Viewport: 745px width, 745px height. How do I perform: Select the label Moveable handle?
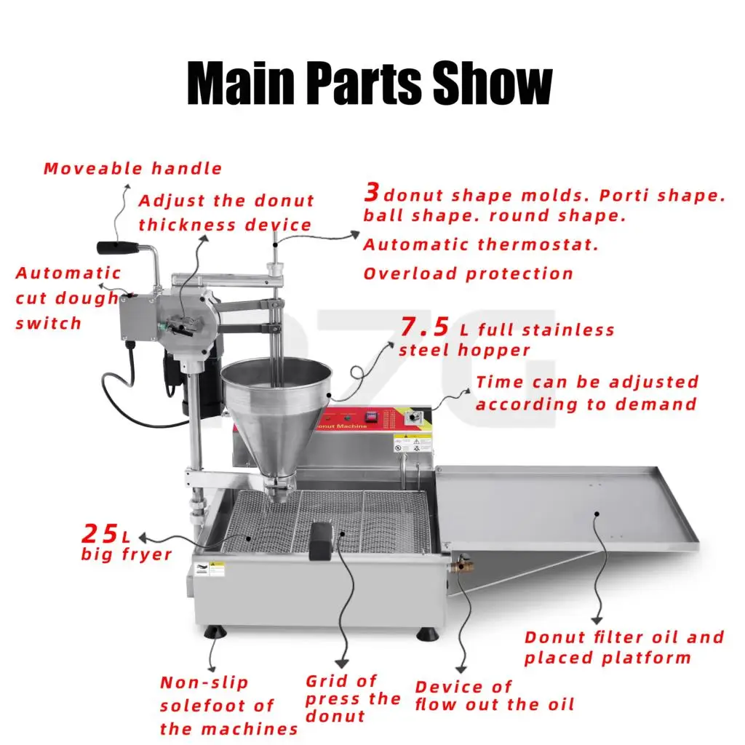coord(132,169)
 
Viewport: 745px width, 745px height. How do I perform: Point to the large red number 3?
coord(372,193)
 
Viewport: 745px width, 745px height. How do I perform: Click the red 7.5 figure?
coord(424,327)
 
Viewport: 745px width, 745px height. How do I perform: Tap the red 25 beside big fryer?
coord(100,535)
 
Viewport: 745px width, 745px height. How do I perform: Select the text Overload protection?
coord(468,274)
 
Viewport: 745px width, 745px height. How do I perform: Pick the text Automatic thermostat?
coord(481,245)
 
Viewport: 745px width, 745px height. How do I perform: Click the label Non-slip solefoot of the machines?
coord(228,706)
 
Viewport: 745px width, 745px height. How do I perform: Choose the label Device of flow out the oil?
coord(494,696)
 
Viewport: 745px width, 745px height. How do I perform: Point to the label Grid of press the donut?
coord(352,698)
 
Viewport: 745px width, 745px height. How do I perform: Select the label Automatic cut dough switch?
coord(67,298)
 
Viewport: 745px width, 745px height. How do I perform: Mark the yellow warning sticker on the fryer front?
coord(215,568)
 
